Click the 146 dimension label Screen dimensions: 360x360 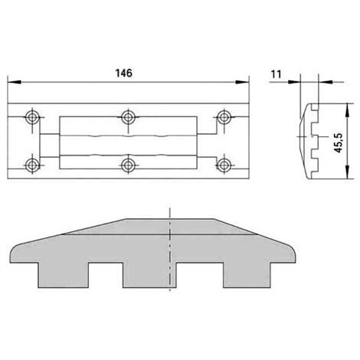pyautogui.click(x=124, y=74)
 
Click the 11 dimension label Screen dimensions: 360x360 pyautogui.click(x=276, y=74)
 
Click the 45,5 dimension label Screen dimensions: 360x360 pyautogui.click(x=339, y=143)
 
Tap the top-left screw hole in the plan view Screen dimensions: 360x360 pyautogui.click(x=32, y=117)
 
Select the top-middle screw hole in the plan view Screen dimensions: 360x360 pyautogui.click(x=128, y=117)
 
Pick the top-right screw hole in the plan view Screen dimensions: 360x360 pyautogui.click(x=224, y=117)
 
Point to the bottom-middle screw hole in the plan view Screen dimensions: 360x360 pyautogui.click(x=128, y=165)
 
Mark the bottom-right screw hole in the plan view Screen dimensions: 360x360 pyautogui.click(x=224, y=165)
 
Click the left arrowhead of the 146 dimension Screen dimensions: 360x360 pyautogui.click(x=14, y=82)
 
